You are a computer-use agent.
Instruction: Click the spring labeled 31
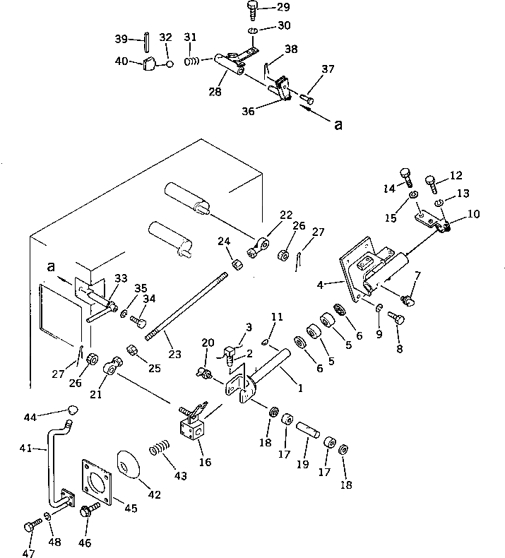click(x=192, y=61)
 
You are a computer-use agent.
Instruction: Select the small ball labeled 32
click(x=170, y=64)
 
